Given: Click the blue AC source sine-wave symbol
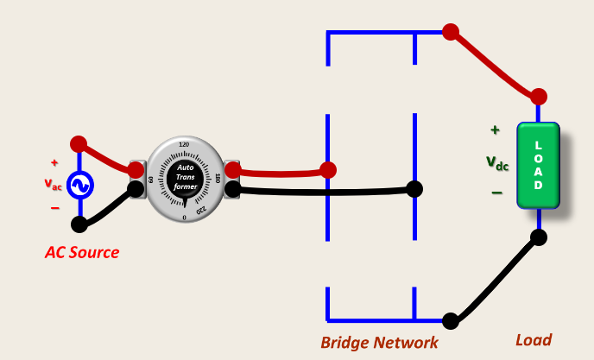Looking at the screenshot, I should [x=79, y=186].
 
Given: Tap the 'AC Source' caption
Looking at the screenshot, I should [x=82, y=253].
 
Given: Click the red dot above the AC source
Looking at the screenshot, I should [x=79, y=143].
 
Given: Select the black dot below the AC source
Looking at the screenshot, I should [x=79, y=224].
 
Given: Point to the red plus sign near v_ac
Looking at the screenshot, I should [x=54, y=162].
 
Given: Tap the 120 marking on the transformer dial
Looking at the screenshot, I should [x=184, y=144].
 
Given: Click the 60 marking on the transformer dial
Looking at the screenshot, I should [x=151, y=180].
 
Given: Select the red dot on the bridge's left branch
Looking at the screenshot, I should [x=327, y=169].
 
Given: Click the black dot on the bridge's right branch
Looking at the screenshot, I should [x=415, y=188].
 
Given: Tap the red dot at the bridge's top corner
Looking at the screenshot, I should [x=450, y=32].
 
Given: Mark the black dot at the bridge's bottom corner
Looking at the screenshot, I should [x=450, y=320].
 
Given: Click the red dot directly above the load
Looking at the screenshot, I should [x=539, y=96].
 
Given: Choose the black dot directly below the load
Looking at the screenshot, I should [x=539, y=237].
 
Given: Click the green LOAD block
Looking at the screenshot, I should [x=538, y=165].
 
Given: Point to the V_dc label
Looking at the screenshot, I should [x=497, y=161].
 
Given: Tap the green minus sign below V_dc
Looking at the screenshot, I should [x=496, y=193].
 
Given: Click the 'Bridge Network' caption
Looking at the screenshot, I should [x=379, y=343].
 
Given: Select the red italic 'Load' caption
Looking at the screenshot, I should [x=533, y=340].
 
